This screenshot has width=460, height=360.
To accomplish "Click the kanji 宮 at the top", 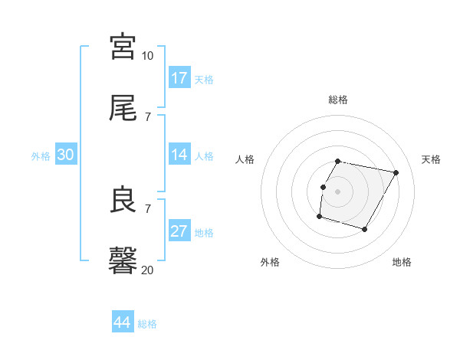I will click(123, 47).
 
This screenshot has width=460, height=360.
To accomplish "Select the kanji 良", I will click(123, 201).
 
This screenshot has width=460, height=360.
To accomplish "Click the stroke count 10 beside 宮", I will click(148, 56).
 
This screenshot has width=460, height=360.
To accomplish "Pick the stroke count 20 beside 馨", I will click(148, 270).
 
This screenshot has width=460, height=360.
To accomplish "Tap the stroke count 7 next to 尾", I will click(148, 116).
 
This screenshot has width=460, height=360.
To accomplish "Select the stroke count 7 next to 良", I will click(148, 208).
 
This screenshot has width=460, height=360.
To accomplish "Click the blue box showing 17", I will click(179, 78).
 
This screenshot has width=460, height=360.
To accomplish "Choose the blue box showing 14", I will click(179, 155).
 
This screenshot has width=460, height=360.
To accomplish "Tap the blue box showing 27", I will click(179, 231).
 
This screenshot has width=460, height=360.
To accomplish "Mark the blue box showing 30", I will click(66, 155).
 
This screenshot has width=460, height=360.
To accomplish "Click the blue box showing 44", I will click(123, 322).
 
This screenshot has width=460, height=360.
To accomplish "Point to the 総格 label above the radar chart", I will click(338, 100).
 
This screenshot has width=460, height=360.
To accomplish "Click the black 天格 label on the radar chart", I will click(431, 159).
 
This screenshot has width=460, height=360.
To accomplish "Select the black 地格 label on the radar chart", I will click(402, 262).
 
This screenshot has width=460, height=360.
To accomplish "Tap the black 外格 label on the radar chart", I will click(270, 262).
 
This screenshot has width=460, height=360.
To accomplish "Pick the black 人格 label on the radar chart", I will click(245, 159).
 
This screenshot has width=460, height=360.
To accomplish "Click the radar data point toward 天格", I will click(396, 173).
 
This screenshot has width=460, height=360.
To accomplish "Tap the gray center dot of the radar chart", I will click(338, 191).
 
